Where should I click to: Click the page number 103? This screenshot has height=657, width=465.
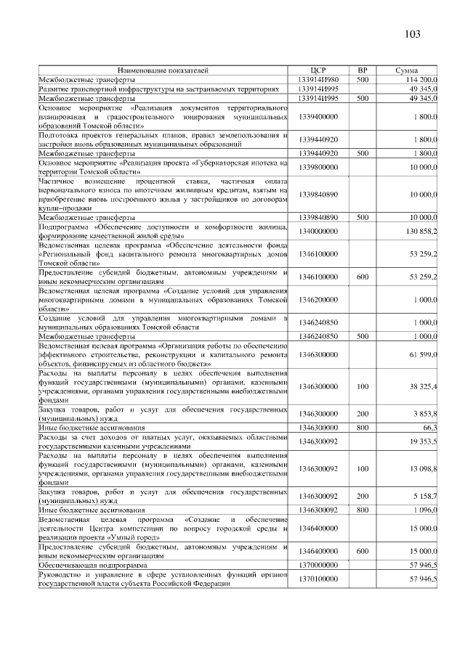pyautogui.click(x=412, y=34)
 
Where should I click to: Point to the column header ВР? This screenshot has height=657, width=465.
pyautogui.click(x=363, y=70)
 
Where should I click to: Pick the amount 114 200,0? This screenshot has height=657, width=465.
pyautogui.click(x=421, y=79)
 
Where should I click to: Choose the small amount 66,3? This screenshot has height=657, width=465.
pyautogui.click(x=428, y=428)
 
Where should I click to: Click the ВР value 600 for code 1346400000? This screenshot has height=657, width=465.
pyautogui.click(x=363, y=551)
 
